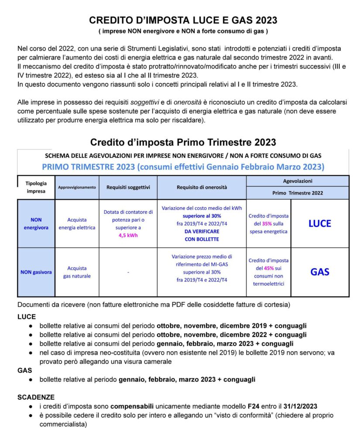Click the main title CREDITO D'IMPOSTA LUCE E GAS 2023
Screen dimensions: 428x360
pyautogui.click(x=183, y=20)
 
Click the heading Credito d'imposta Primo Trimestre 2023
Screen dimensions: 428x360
pyautogui.click(x=183, y=142)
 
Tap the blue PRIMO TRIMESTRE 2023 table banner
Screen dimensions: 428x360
pyautogui.click(x=183, y=167)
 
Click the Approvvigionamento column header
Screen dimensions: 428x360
pyautogui.click(x=77, y=187)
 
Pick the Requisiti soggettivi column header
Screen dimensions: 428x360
pyautogui.click(x=128, y=187)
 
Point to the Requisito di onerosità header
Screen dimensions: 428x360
pyautogui.click(x=202, y=187)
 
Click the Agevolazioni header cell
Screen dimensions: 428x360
pyautogui.click(x=298, y=180)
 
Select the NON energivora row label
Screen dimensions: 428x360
pyautogui.click(x=36, y=223)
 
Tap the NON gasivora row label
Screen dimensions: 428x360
pyautogui.click(x=36, y=272)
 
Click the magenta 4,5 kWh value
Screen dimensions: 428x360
pyautogui.click(x=128, y=235)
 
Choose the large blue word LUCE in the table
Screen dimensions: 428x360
pyautogui.click(x=320, y=223)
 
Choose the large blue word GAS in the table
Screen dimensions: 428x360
pyautogui.click(x=320, y=272)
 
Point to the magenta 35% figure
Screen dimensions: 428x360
pyautogui.click(x=267, y=223)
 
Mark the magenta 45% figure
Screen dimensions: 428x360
pyautogui.click(x=267, y=268)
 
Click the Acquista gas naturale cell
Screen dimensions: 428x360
pyautogui.click(x=77, y=272)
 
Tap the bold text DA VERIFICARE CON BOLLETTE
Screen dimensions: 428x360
pyautogui.click(x=202, y=235)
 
